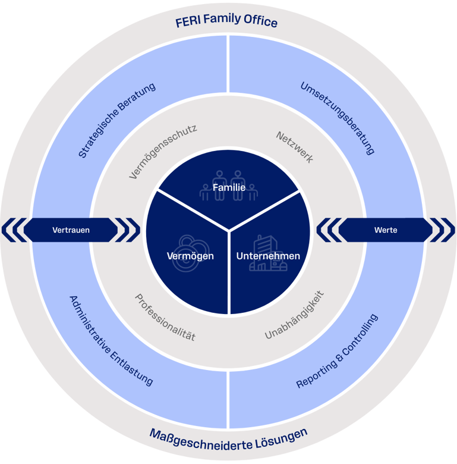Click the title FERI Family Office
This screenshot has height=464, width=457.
[x=226, y=23]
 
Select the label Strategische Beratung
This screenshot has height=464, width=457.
[x=117, y=120]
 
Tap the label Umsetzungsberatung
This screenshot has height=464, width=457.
[x=338, y=118]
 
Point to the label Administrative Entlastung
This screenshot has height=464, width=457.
[x=111, y=340]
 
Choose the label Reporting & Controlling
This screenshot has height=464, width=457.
[x=337, y=351]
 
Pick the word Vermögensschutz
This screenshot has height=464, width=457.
[x=163, y=151]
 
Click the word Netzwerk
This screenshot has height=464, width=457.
[x=295, y=147]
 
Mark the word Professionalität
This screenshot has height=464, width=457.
[x=165, y=318]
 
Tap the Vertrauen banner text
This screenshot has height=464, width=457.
[x=71, y=230]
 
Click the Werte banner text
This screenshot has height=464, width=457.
[x=386, y=230]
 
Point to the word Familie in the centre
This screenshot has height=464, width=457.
[x=229, y=188]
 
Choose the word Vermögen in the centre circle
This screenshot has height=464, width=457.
[x=190, y=256]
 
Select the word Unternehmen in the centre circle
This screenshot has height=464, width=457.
[x=268, y=256]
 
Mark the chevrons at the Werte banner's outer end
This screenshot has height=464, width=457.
[x=442, y=230]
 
